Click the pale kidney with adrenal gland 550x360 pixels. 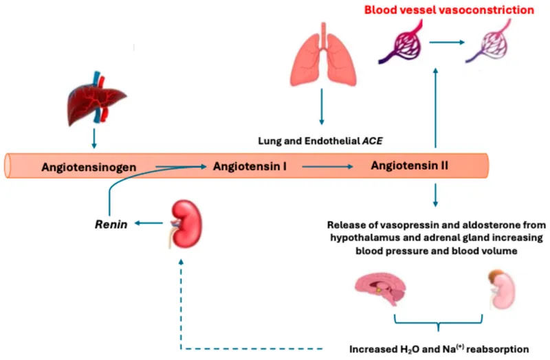pos(503,289)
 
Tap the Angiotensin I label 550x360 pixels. pos(250,166)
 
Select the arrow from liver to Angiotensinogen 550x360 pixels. pos(94,141)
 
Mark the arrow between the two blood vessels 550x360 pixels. pos(443,43)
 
